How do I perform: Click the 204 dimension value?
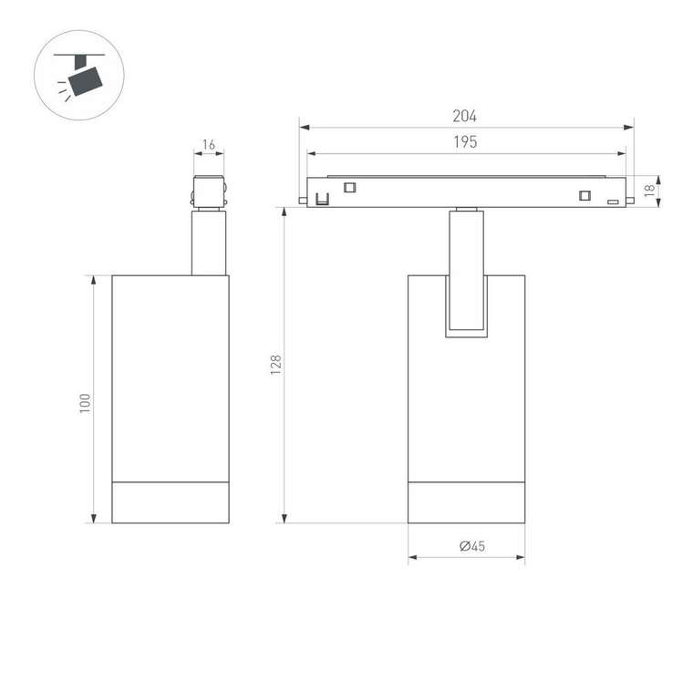pos(465,116)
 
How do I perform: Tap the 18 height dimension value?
pos(649,191)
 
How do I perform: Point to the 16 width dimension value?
pos(208,145)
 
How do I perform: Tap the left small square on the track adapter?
pos(349,188)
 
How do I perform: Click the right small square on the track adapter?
pos(585,193)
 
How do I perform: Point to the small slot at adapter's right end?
pos(615,201)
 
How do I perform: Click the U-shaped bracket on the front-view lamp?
pos(466,306)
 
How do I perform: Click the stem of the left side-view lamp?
pos(208,243)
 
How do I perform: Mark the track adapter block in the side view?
pos(208,191)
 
